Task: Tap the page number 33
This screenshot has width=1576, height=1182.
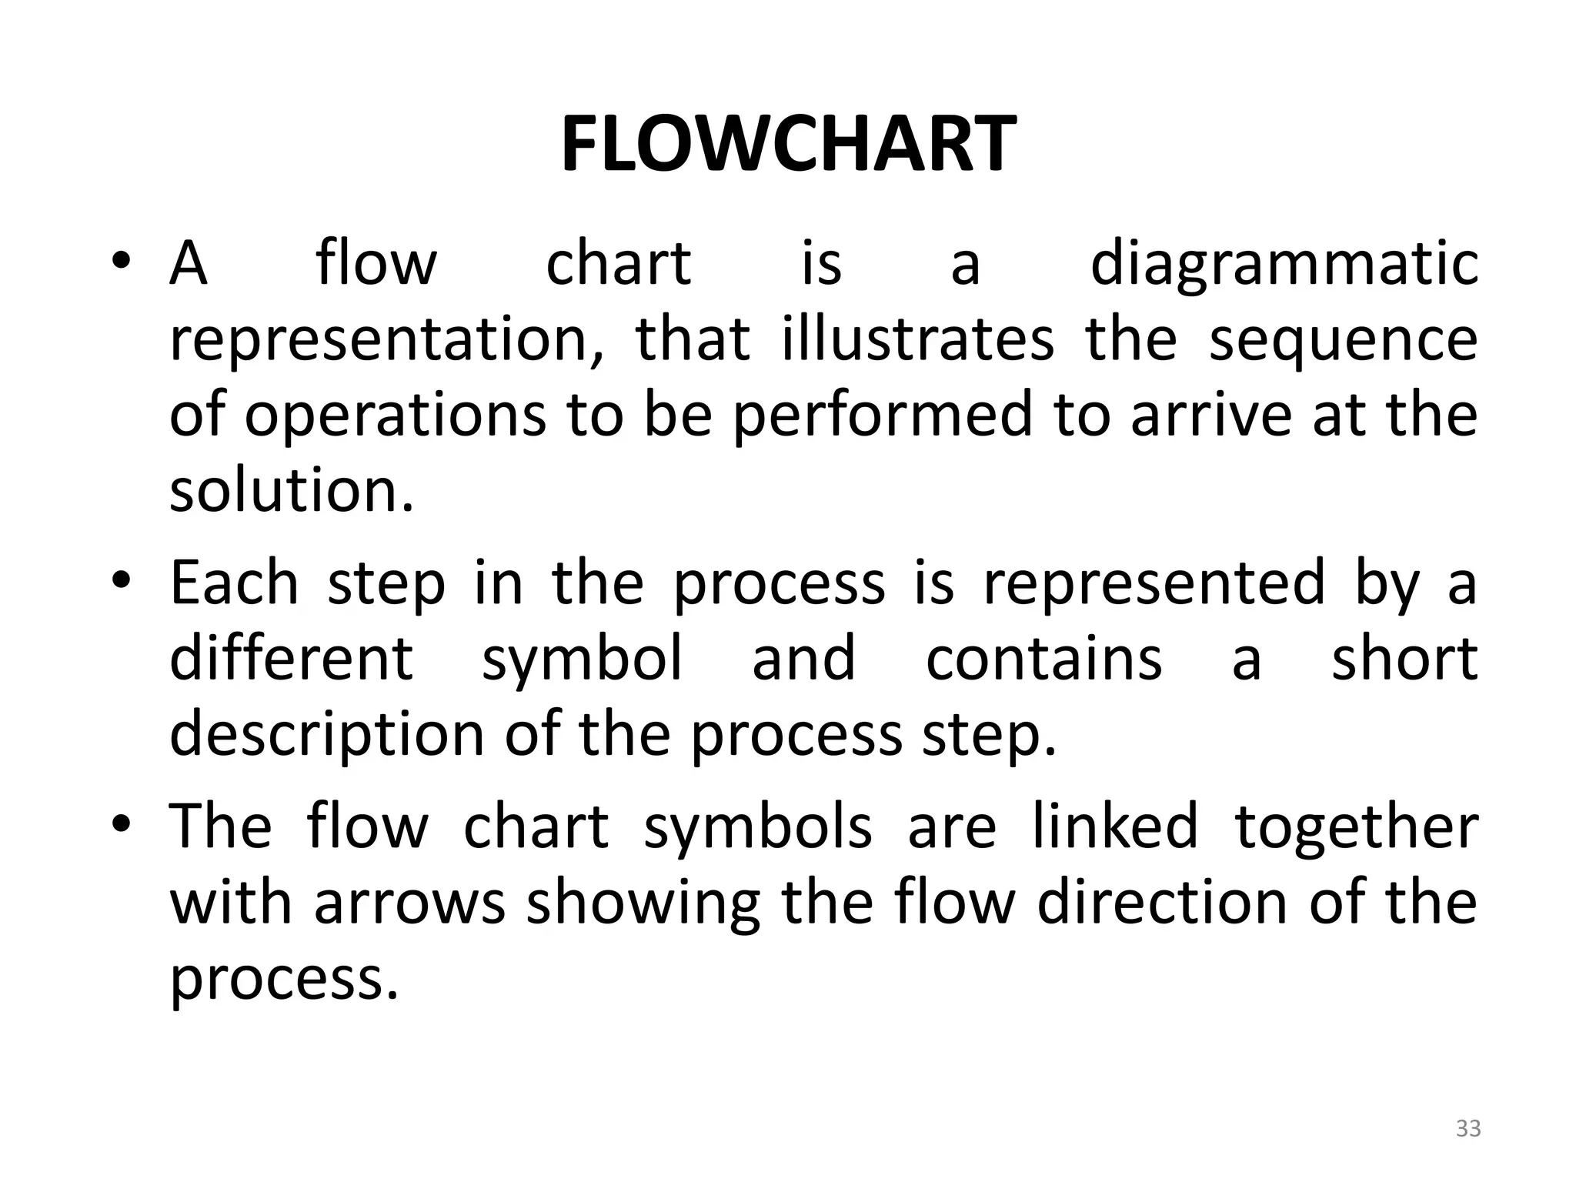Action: (x=1468, y=1128)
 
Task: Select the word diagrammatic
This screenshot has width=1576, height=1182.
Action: (x=1284, y=264)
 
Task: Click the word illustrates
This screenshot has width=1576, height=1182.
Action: (x=917, y=339)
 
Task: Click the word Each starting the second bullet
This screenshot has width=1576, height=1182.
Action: (x=234, y=583)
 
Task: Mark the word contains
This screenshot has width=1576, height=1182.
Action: (x=1043, y=659)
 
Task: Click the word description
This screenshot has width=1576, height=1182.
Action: (x=326, y=735)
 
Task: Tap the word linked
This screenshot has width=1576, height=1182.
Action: (x=1115, y=826)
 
